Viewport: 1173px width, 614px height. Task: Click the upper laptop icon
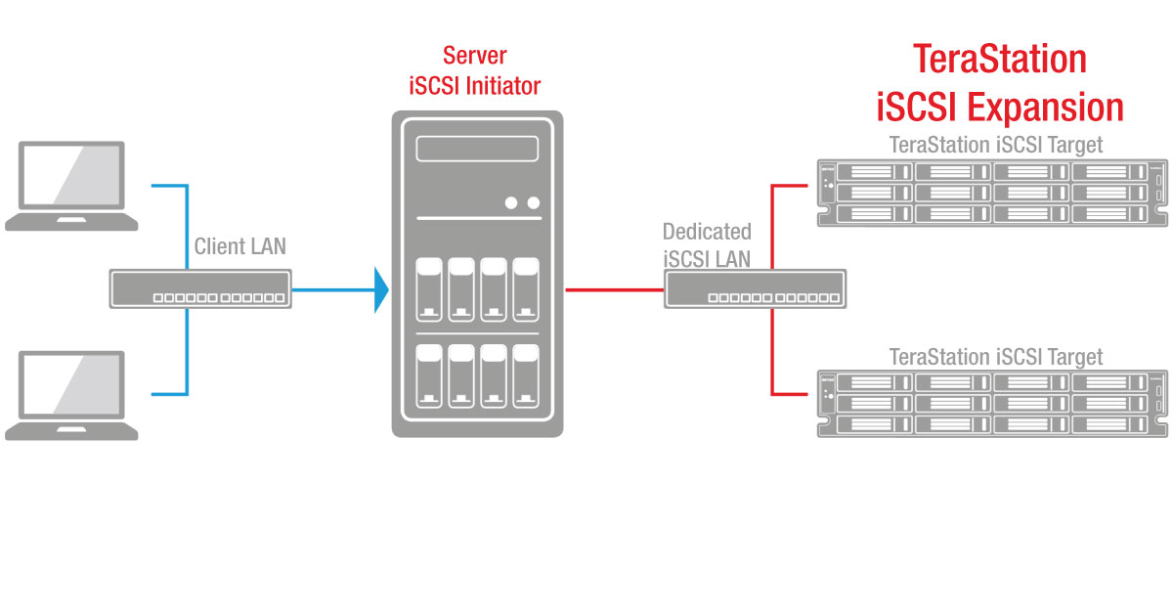[x=71, y=185]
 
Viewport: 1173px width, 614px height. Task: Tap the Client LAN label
[x=240, y=246]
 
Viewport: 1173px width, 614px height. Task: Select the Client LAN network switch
[x=200, y=289]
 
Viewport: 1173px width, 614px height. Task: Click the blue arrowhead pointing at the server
[x=381, y=290]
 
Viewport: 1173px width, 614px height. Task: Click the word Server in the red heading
[x=474, y=55]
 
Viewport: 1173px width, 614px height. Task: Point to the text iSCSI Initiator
[x=474, y=86]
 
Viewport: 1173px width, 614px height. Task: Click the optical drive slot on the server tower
[x=477, y=150]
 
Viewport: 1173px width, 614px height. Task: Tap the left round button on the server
[x=511, y=203]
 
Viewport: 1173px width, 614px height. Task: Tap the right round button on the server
[x=533, y=203]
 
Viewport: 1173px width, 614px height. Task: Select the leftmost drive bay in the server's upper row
[x=428, y=289]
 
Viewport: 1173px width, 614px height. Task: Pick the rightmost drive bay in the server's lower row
[x=526, y=376]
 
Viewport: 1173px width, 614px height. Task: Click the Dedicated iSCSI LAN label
[x=707, y=245]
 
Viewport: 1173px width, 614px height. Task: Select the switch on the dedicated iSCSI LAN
[x=756, y=290]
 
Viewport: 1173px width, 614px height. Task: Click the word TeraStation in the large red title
[x=999, y=60]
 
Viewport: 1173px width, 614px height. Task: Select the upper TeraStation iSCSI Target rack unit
[x=992, y=193]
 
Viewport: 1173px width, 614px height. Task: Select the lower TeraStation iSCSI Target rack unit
[x=992, y=403]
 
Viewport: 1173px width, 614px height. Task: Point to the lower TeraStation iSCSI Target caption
[x=995, y=357]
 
